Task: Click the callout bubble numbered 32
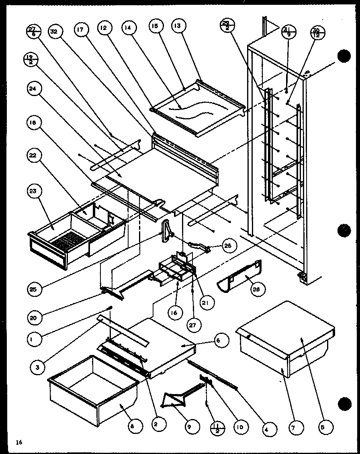point(55,31)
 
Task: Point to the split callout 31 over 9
point(289,31)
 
